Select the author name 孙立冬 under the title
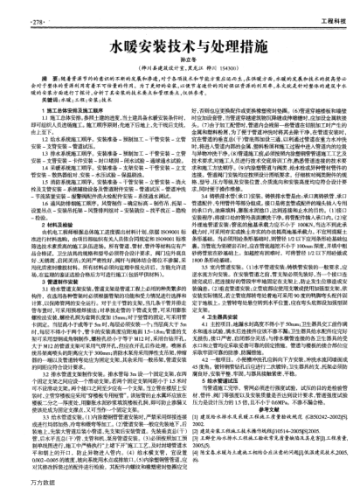(x=179, y=46)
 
